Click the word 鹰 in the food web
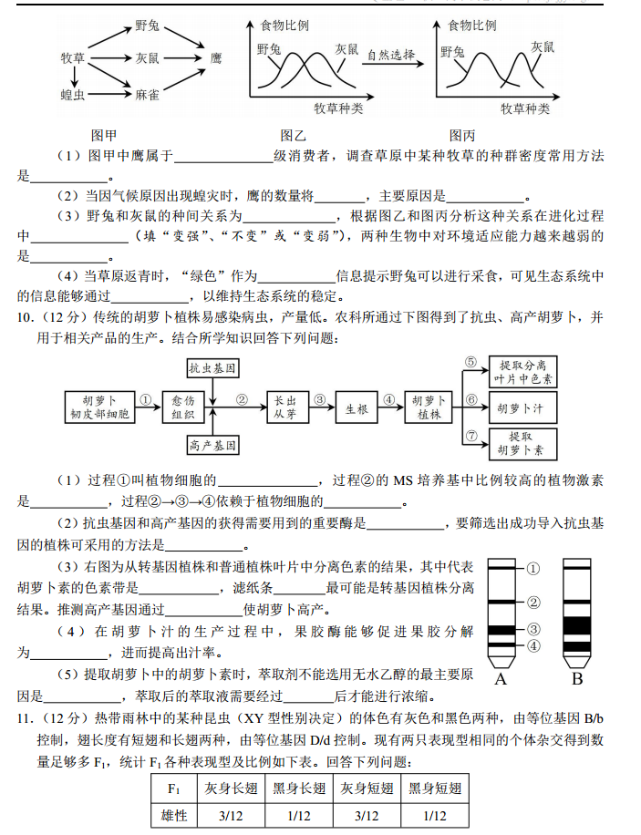pos(216,58)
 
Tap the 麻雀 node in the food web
pos(148,94)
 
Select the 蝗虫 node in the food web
pos(73,94)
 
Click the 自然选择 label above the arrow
pos(392,55)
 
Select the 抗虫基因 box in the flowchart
pos(212,368)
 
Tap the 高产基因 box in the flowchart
pos(212,446)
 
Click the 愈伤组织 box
pos(184,407)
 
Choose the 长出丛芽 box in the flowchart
pos(285,407)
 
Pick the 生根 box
pos(356,407)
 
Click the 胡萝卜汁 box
pos(526,407)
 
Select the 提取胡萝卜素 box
pos(526,443)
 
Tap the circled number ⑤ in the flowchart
pos(471,363)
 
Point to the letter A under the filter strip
pos(501,679)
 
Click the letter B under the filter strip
pos(576,679)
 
